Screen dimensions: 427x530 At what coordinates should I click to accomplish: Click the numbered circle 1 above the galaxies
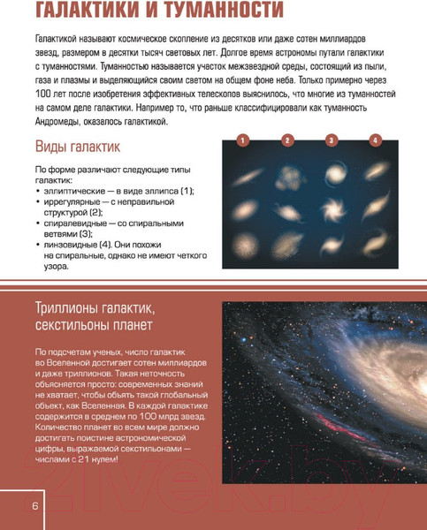point(242,140)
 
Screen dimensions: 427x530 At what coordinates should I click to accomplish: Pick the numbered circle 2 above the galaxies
point(286,140)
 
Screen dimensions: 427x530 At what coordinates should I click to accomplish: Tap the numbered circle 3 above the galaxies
point(331,140)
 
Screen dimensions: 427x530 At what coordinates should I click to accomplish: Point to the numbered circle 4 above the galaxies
point(375,140)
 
